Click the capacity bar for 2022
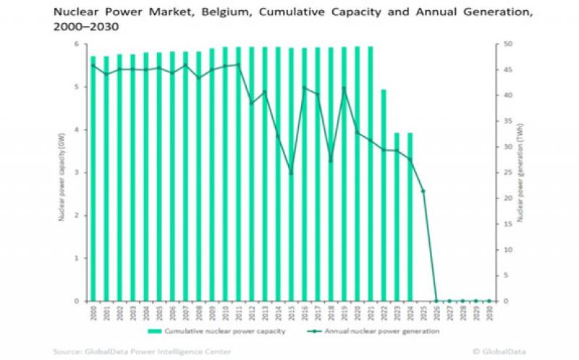pyautogui.click(x=384, y=196)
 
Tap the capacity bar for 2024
pyautogui.click(x=410, y=217)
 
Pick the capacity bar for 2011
pyautogui.click(x=238, y=174)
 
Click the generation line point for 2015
pyautogui.click(x=291, y=173)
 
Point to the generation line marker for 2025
pyautogui.click(x=423, y=191)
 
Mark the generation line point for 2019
pyautogui.click(x=344, y=88)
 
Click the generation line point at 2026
pyautogui.click(x=436, y=301)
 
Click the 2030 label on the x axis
pyautogui.click(x=489, y=313)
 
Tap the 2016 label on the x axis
pyautogui.click(x=305, y=313)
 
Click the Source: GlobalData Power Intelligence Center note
pyautogui.click(x=142, y=351)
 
